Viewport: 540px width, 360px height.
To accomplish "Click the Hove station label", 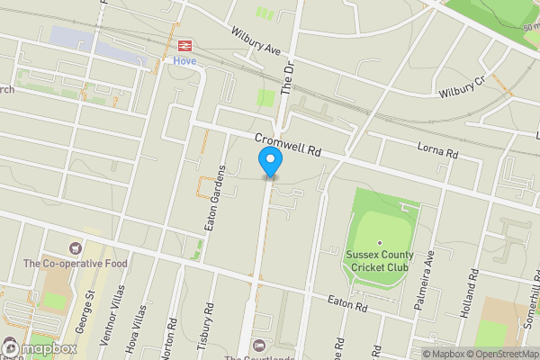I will [184, 60].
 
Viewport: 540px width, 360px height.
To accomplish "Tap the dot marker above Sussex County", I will [380, 243].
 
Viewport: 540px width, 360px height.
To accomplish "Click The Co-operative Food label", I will [76, 264].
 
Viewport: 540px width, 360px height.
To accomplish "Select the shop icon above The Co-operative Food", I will [76, 247].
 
